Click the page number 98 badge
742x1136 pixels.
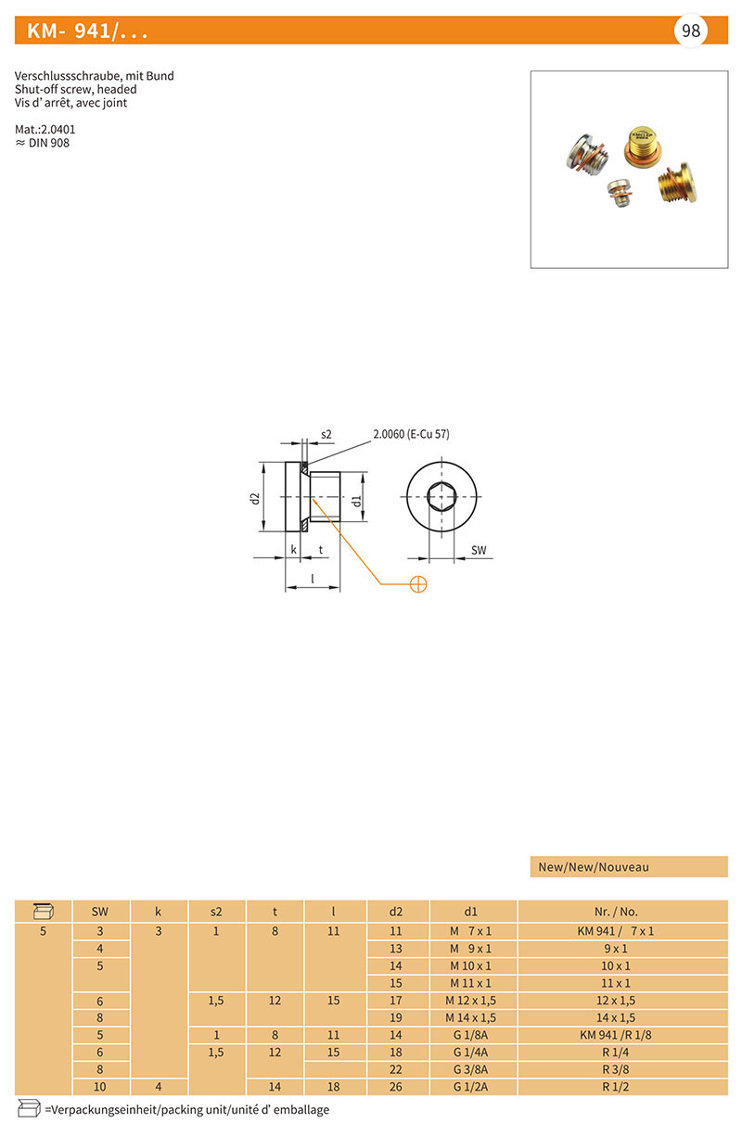(690, 31)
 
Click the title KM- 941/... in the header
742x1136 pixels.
(87, 32)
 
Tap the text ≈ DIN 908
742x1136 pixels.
(42, 143)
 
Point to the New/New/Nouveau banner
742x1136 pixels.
(629, 867)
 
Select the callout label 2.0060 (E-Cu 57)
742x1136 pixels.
(411, 434)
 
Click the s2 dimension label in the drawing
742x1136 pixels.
(326, 435)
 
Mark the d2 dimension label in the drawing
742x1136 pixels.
(255, 498)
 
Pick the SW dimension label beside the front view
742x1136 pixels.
(479, 550)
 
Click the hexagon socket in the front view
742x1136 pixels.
(441, 496)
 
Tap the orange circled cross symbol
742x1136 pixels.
(418, 584)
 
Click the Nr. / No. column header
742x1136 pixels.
(616, 912)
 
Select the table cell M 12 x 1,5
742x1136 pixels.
(470, 1001)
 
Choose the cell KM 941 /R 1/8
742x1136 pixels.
(615, 1035)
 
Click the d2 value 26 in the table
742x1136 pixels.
(396, 1087)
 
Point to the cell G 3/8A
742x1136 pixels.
(470, 1069)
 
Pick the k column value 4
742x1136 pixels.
(159, 1087)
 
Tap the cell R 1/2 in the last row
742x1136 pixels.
(615, 1087)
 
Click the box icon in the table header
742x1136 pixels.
(43, 912)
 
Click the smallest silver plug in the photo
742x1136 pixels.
(620, 193)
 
